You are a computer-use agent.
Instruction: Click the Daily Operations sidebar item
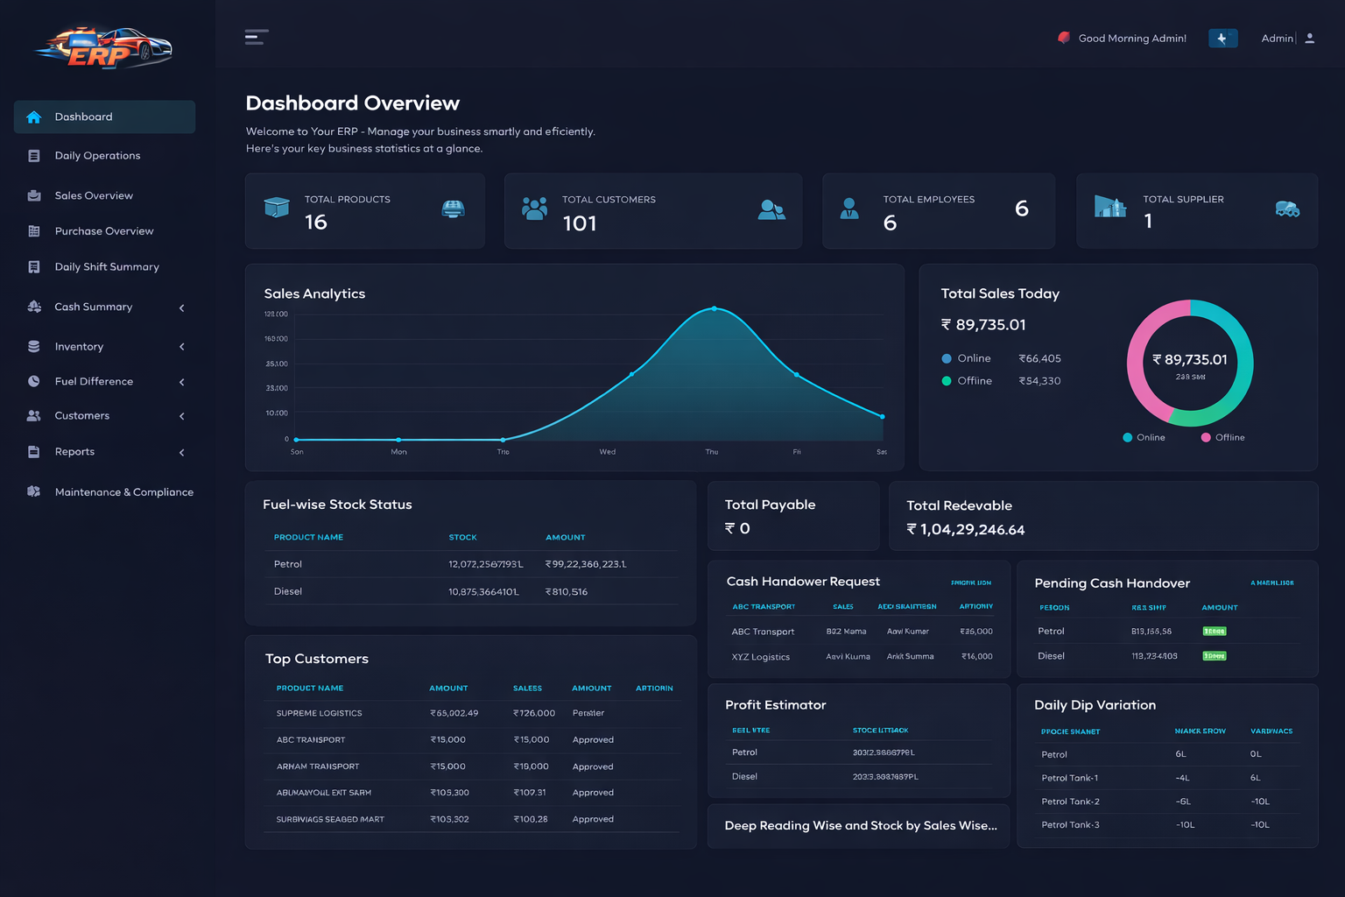coord(97,156)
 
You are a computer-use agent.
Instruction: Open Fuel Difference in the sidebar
coord(94,382)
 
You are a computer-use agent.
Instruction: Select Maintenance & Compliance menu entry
coord(123,492)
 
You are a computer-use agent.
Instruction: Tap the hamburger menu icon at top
coord(256,37)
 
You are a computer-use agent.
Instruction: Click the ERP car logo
coord(103,47)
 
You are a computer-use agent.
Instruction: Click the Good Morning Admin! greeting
coord(1131,39)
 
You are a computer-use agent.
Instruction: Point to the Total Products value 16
coord(316,222)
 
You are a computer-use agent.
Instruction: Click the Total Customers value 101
coord(580,224)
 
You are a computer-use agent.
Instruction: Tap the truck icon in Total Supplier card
coord(1286,208)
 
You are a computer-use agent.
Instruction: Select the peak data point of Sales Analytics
coord(715,308)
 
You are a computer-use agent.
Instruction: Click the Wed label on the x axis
coord(608,452)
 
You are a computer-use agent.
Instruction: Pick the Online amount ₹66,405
coord(1039,359)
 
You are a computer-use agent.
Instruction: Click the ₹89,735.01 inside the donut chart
coord(1190,360)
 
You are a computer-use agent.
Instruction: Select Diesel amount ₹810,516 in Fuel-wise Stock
coord(567,592)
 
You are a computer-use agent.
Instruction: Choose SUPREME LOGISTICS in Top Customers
coord(319,714)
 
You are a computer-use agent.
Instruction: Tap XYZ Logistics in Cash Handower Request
coord(760,657)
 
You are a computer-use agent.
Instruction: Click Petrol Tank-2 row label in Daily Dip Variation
coord(1070,802)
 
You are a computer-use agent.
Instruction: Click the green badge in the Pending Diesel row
coord(1214,656)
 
